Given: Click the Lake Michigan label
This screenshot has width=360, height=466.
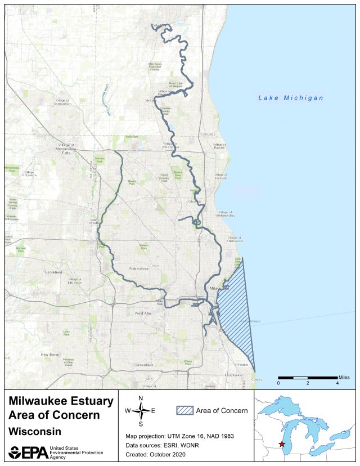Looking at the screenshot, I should coord(291,98).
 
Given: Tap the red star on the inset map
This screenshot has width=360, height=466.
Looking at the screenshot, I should coord(282,444).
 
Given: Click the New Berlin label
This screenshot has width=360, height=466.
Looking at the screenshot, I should coord(50,355).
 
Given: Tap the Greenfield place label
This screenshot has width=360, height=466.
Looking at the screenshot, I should coord(144,365).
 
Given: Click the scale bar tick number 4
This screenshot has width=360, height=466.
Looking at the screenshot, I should coord(337,383).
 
